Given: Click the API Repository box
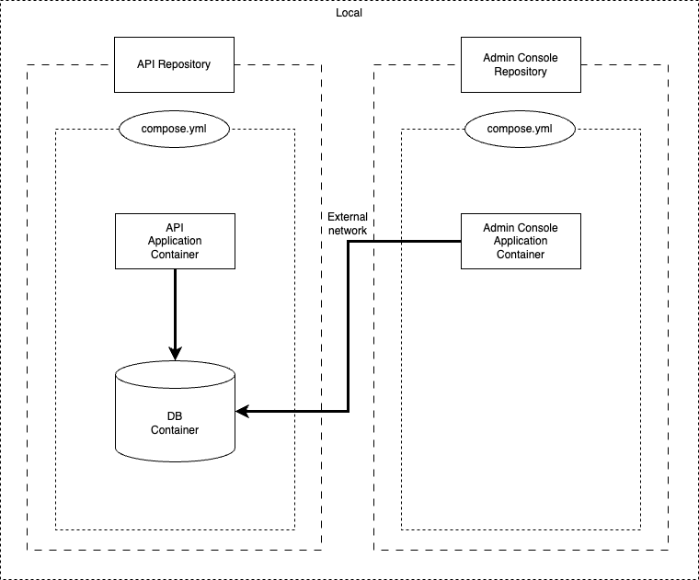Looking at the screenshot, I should [x=174, y=64].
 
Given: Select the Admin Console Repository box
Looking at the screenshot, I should [x=520, y=64].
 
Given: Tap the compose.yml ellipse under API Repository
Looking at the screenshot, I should [x=174, y=128].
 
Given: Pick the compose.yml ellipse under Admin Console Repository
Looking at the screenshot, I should [x=520, y=128].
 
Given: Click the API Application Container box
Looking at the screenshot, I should [x=174, y=241].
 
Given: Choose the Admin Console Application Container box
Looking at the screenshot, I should [x=520, y=241].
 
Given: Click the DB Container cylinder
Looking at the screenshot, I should [x=175, y=423].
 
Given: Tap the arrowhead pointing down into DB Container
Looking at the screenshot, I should [x=175, y=353].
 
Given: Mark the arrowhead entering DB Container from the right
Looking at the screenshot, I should [x=242, y=411].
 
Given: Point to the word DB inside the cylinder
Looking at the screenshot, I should [x=175, y=416].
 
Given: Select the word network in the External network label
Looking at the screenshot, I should [x=347, y=232].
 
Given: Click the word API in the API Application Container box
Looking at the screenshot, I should [x=174, y=228].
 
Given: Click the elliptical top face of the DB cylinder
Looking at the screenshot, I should [x=175, y=375].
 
